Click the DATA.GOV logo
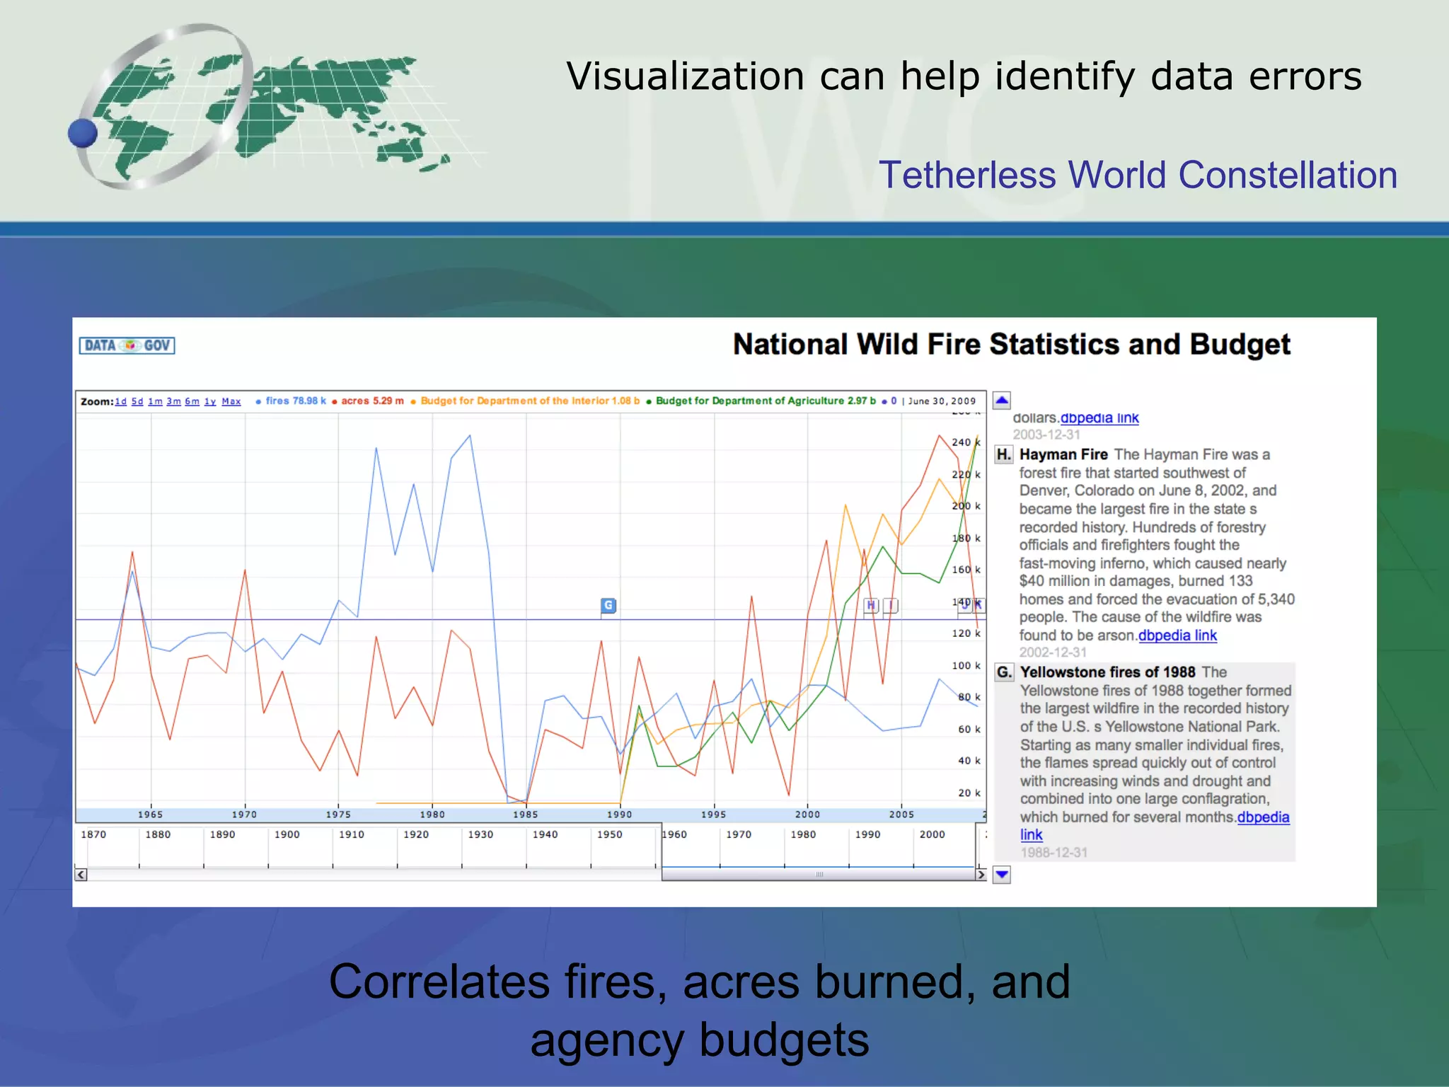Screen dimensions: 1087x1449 [127, 345]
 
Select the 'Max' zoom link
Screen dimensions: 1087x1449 [231, 401]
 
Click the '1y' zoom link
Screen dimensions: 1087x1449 [210, 401]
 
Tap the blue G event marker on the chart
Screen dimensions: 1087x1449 [608, 605]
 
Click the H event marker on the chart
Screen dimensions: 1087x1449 [871, 605]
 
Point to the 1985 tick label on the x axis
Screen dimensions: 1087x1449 [526, 815]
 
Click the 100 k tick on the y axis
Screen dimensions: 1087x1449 [966, 665]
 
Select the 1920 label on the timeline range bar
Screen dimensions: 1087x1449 [416, 834]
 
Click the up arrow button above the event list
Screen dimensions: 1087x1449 [1002, 401]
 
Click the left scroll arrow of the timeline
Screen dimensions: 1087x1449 [81, 875]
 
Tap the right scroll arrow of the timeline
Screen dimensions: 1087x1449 [981, 875]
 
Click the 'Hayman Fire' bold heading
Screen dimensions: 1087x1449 [1063, 454]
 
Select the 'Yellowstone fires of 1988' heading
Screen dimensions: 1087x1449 [1107, 672]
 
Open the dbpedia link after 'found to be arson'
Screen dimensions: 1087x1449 [1177, 635]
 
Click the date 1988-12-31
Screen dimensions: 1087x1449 [1053, 853]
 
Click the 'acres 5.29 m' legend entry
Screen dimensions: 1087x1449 [371, 401]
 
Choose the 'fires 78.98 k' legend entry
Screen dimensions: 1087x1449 [295, 401]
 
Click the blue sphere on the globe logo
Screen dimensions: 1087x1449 [83, 133]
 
